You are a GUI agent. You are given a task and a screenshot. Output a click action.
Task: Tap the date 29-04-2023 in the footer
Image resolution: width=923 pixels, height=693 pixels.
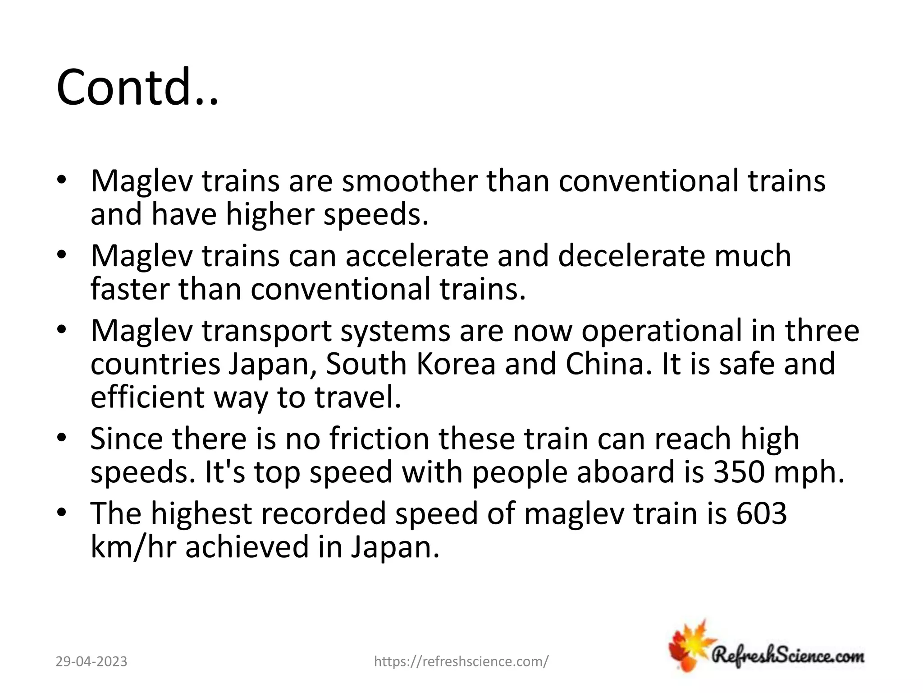(91, 662)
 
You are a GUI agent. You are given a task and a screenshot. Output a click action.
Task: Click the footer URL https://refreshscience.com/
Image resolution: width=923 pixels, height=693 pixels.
(461, 662)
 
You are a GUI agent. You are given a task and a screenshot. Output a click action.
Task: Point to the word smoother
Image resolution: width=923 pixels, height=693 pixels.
(409, 181)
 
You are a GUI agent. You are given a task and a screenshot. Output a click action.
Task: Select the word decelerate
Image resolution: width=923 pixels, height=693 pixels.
(630, 256)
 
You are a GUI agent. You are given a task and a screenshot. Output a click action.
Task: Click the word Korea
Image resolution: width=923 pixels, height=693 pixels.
(456, 364)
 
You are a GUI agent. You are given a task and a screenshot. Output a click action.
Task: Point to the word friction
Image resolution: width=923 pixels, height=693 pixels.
(379, 439)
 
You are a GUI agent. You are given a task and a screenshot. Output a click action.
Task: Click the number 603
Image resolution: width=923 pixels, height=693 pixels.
(762, 513)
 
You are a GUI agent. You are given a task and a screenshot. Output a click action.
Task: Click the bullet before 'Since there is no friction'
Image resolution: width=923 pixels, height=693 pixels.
(62, 438)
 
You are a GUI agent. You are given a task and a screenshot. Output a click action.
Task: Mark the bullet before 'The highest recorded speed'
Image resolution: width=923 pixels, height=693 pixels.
(62, 513)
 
